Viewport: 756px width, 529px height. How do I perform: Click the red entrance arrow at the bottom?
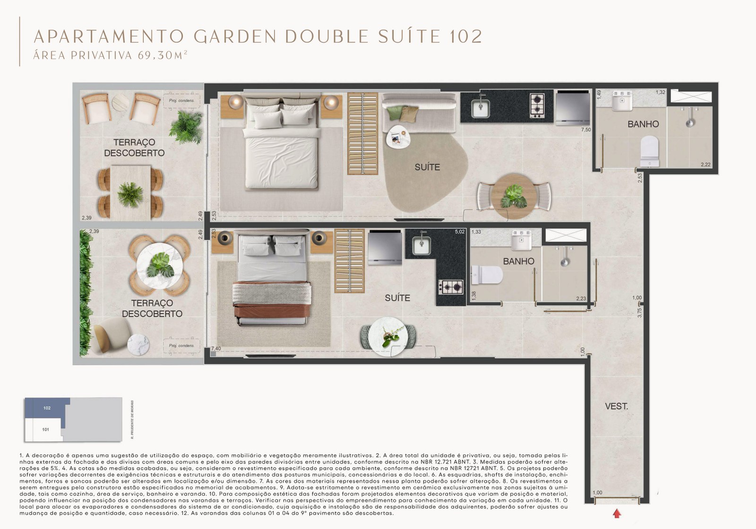click(617, 513)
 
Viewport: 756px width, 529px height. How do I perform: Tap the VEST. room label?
click(616, 406)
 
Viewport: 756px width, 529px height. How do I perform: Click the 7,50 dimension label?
click(585, 130)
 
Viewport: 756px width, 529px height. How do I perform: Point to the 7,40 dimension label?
click(216, 349)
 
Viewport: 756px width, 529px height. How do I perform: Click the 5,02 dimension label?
click(460, 232)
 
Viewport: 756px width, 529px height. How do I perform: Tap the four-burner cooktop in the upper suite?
click(537, 106)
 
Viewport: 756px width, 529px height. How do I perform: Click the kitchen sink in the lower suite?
click(421, 244)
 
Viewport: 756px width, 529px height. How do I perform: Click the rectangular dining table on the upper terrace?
click(130, 193)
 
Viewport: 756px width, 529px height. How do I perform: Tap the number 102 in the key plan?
click(47, 408)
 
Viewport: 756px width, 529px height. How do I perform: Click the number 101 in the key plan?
click(45, 429)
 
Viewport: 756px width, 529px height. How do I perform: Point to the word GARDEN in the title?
click(235, 36)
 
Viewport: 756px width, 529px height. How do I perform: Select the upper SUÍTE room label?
click(427, 167)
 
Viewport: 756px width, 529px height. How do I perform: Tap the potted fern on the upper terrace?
click(185, 126)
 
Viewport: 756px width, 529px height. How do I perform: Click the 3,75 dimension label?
click(640, 312)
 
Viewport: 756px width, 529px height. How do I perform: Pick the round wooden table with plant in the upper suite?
click(513, 196)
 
